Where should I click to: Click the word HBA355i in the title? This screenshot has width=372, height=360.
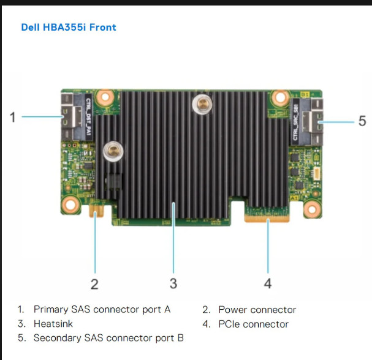[69, 28]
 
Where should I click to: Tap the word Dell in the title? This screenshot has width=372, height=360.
[31, 28]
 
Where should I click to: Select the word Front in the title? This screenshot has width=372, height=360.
[104, 28]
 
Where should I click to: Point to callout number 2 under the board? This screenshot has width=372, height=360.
[94, 283]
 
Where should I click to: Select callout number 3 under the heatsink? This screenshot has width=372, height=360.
[173, 283]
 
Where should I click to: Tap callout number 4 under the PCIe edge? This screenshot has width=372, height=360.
[267, 283]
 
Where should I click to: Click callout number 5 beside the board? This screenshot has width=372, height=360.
[362, 121]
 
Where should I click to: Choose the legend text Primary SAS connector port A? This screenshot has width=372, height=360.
[102, 310]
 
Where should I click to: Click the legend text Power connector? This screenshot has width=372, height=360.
[257, 310]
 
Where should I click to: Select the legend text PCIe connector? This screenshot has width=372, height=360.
[253, 324]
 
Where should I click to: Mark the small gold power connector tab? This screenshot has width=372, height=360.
[96, 212]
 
